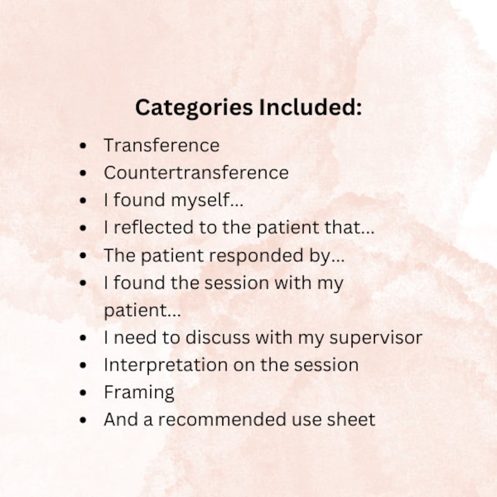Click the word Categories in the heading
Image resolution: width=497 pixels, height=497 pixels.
click(186, 107)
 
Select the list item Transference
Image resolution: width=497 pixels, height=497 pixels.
click(161, 145)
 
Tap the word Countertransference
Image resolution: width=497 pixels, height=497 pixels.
click(196, 172)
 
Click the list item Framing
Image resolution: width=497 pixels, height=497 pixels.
click(139, 393)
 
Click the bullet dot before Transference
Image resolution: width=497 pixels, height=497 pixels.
click(83, 146)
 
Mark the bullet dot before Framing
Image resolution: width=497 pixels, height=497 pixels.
click(83, 393)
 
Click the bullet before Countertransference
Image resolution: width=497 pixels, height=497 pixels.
click(83, 173)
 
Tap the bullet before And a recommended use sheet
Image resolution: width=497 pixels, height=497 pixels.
click(83, 420)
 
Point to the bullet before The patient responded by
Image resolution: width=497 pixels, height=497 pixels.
click(83, 256)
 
